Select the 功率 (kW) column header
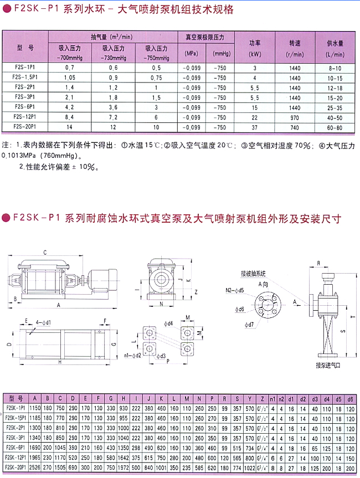point(255,48)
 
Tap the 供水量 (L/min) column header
point(336,48)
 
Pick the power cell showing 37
point(255,127)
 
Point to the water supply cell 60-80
point(336,127)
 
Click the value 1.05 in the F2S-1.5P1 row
point(69,78)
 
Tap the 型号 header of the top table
point(26,48)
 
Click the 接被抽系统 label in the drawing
point(253,273)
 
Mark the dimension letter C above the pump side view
point(44,252)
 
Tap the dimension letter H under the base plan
point(59,362)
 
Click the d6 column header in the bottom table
point(349,398)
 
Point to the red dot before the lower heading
point(6,218)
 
